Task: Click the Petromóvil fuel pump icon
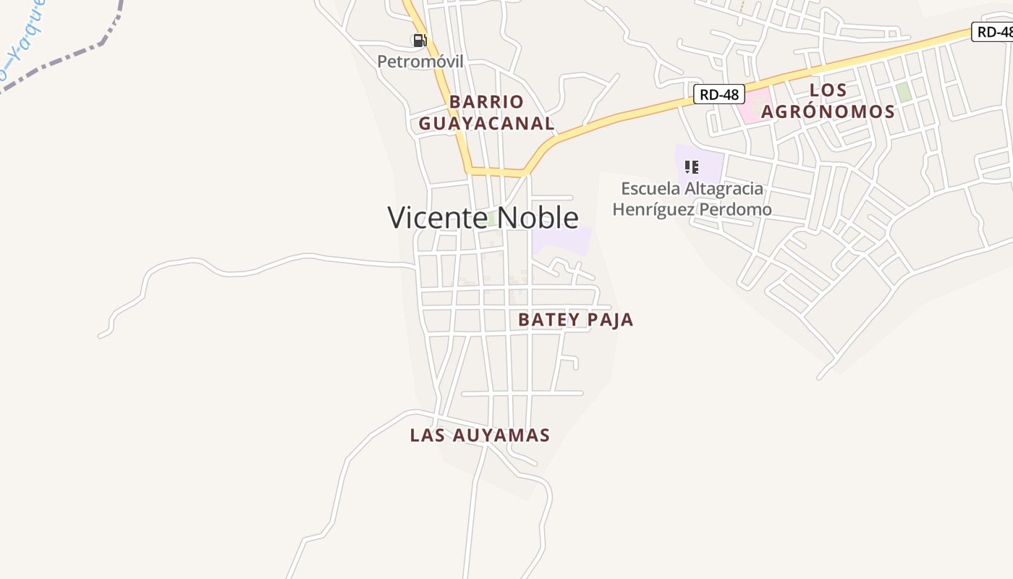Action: (420, 41)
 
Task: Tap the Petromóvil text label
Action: (420, 62)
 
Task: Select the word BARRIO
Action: (486, 101)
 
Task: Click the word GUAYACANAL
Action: (486, 124)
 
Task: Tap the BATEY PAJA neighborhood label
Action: (575, 320)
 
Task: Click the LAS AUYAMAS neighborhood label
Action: (480, 435)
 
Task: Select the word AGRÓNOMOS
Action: (828, 111)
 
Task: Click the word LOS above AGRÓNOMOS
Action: (828, 90)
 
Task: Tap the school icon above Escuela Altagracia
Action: (692, 167)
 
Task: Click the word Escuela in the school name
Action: (650, 189)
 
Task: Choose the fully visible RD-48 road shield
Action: (719, 94)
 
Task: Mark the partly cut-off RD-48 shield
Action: (993, 32)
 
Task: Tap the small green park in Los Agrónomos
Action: (903, 92)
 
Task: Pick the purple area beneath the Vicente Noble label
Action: (562, 241)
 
